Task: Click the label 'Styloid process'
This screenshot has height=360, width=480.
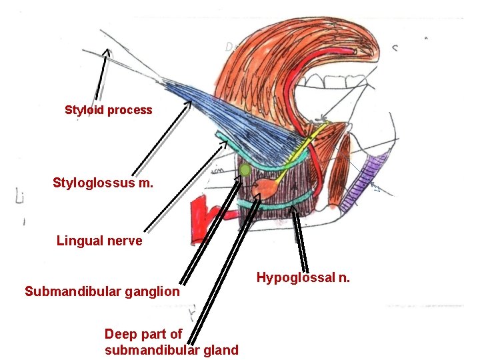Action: [x=108, y=110]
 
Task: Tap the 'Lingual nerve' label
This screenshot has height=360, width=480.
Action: [x=99, y=241]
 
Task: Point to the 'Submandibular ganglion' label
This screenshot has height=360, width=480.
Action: [x=102, y=291]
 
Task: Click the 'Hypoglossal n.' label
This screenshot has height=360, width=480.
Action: [x=303, y=277]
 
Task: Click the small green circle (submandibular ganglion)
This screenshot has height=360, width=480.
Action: [x=245, y=170]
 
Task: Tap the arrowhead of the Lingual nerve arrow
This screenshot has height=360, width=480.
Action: [x=225, y=142]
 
